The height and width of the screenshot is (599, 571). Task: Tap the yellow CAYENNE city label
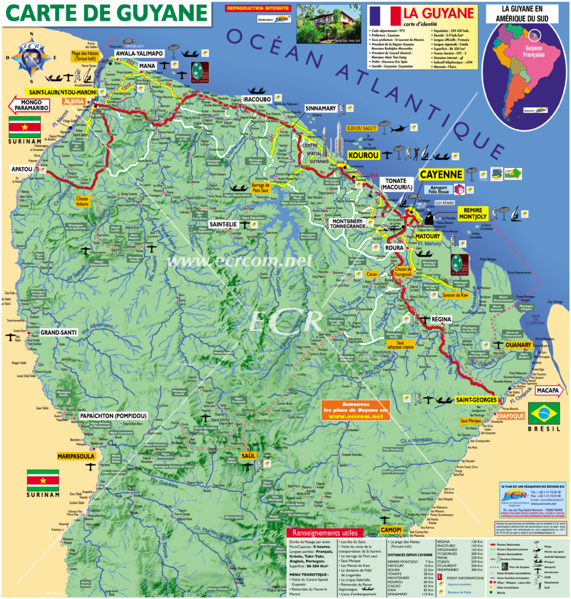point(441,174)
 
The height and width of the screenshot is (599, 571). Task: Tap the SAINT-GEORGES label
point(477,400)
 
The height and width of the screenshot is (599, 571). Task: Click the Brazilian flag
point(544,412)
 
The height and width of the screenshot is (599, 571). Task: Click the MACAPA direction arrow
point(548,391)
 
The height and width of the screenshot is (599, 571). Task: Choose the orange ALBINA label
point(74,101)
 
